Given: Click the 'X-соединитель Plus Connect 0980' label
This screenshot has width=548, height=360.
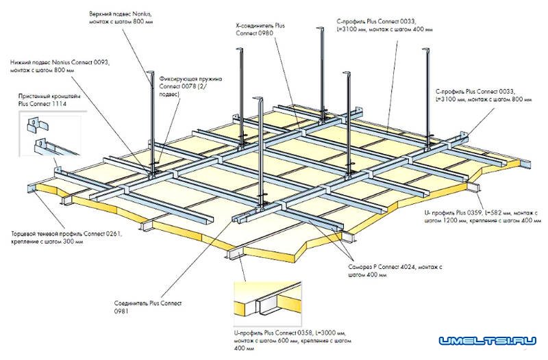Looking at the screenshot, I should [x=264, y=29].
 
